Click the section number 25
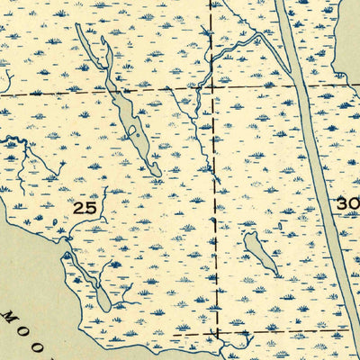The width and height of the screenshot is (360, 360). (84, 207)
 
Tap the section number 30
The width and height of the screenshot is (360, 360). (347, 204)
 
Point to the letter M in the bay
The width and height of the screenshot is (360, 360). (9, 318)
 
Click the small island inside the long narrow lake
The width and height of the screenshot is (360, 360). (132, 132)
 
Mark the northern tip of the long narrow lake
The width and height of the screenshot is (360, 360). (79, 26)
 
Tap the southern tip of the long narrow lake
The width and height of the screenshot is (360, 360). (157, 175)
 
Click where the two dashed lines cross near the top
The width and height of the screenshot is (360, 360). (212, 89)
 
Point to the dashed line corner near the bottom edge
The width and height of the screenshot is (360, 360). (217, 330)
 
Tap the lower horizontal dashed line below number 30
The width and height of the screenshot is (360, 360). (288, 330)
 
